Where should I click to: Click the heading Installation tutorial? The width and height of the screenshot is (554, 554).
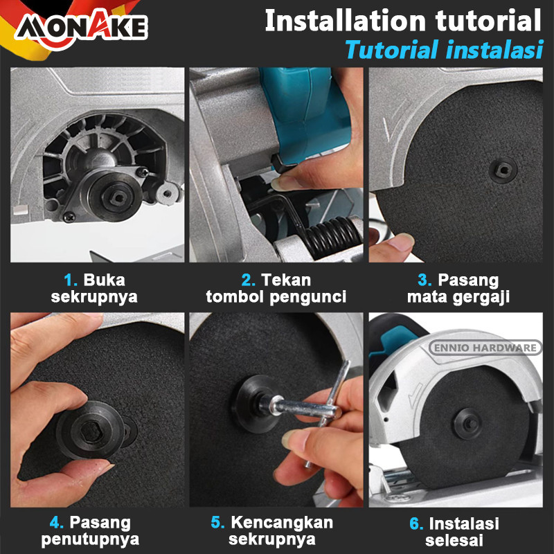403,21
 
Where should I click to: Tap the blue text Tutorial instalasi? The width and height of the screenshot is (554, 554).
444,49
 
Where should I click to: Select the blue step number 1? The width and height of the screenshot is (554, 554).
70,280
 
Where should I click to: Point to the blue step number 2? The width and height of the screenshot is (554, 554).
248,280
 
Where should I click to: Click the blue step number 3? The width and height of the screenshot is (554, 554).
425,280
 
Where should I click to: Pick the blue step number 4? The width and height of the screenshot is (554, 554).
57,523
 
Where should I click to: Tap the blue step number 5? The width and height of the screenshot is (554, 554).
217,523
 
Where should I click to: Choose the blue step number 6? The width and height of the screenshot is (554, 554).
417,524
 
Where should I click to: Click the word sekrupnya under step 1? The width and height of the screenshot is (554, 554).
94,297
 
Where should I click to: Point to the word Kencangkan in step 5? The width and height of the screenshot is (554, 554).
282,523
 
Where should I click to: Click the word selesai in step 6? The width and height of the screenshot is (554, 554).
454,541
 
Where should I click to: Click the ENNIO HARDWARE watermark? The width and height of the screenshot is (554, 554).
485,348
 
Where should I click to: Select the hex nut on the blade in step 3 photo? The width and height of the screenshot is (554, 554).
503,170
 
